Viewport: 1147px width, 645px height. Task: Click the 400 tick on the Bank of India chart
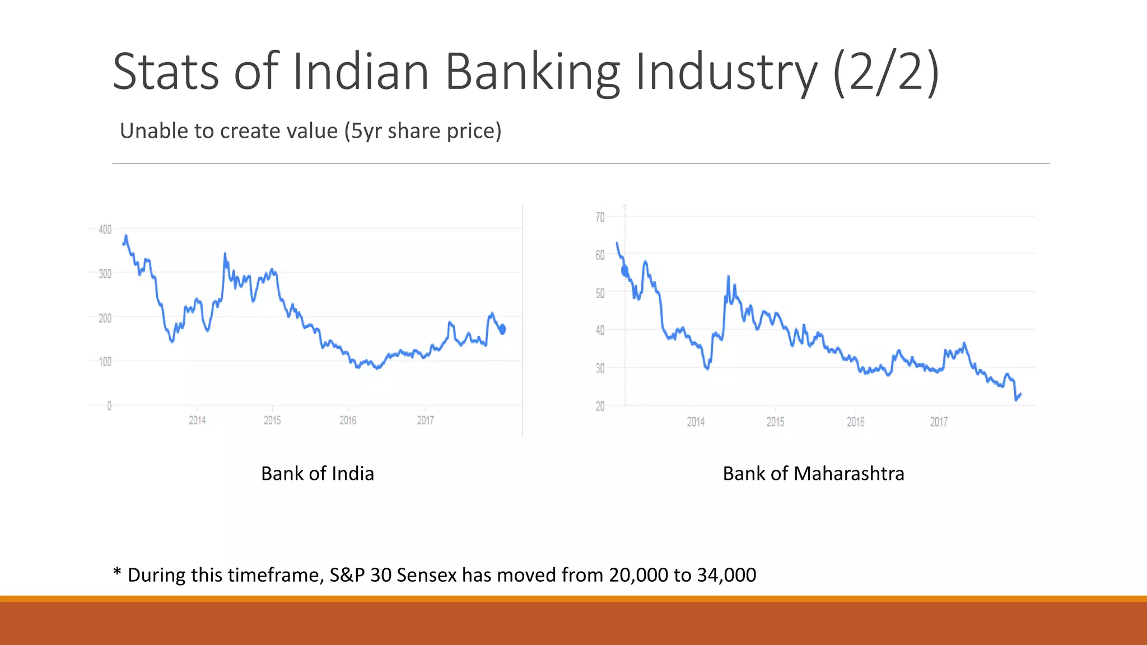click(105, 229)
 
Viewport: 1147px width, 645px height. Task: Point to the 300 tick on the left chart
click(105, 274)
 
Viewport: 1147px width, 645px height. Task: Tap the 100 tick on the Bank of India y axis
click(105, 362)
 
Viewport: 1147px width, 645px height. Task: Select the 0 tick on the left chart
click(109, 405)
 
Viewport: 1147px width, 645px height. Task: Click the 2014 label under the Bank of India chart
click(197, 420)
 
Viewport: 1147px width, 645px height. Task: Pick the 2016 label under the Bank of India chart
click(348, 420)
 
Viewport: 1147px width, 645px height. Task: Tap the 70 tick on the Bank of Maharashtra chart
click(600, 217)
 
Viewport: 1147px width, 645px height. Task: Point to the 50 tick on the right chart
click(600, 293)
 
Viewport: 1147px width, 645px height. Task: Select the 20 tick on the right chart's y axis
click(600, 406)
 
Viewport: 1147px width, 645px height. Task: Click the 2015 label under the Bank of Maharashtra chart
click(775, 422)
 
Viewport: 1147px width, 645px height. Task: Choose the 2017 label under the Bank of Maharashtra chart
click(939, 422)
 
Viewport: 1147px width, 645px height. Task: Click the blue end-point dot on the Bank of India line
click(502, 329)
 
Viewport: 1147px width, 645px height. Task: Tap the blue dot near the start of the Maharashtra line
click(625, 272)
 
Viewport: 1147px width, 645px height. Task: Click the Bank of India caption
click(318, 474)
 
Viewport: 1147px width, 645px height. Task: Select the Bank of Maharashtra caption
click(813, 474)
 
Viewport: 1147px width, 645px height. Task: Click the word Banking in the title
click(533, 72)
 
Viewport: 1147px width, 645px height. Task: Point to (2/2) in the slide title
click(885, 72)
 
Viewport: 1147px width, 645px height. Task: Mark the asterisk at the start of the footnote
click(117, 572)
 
